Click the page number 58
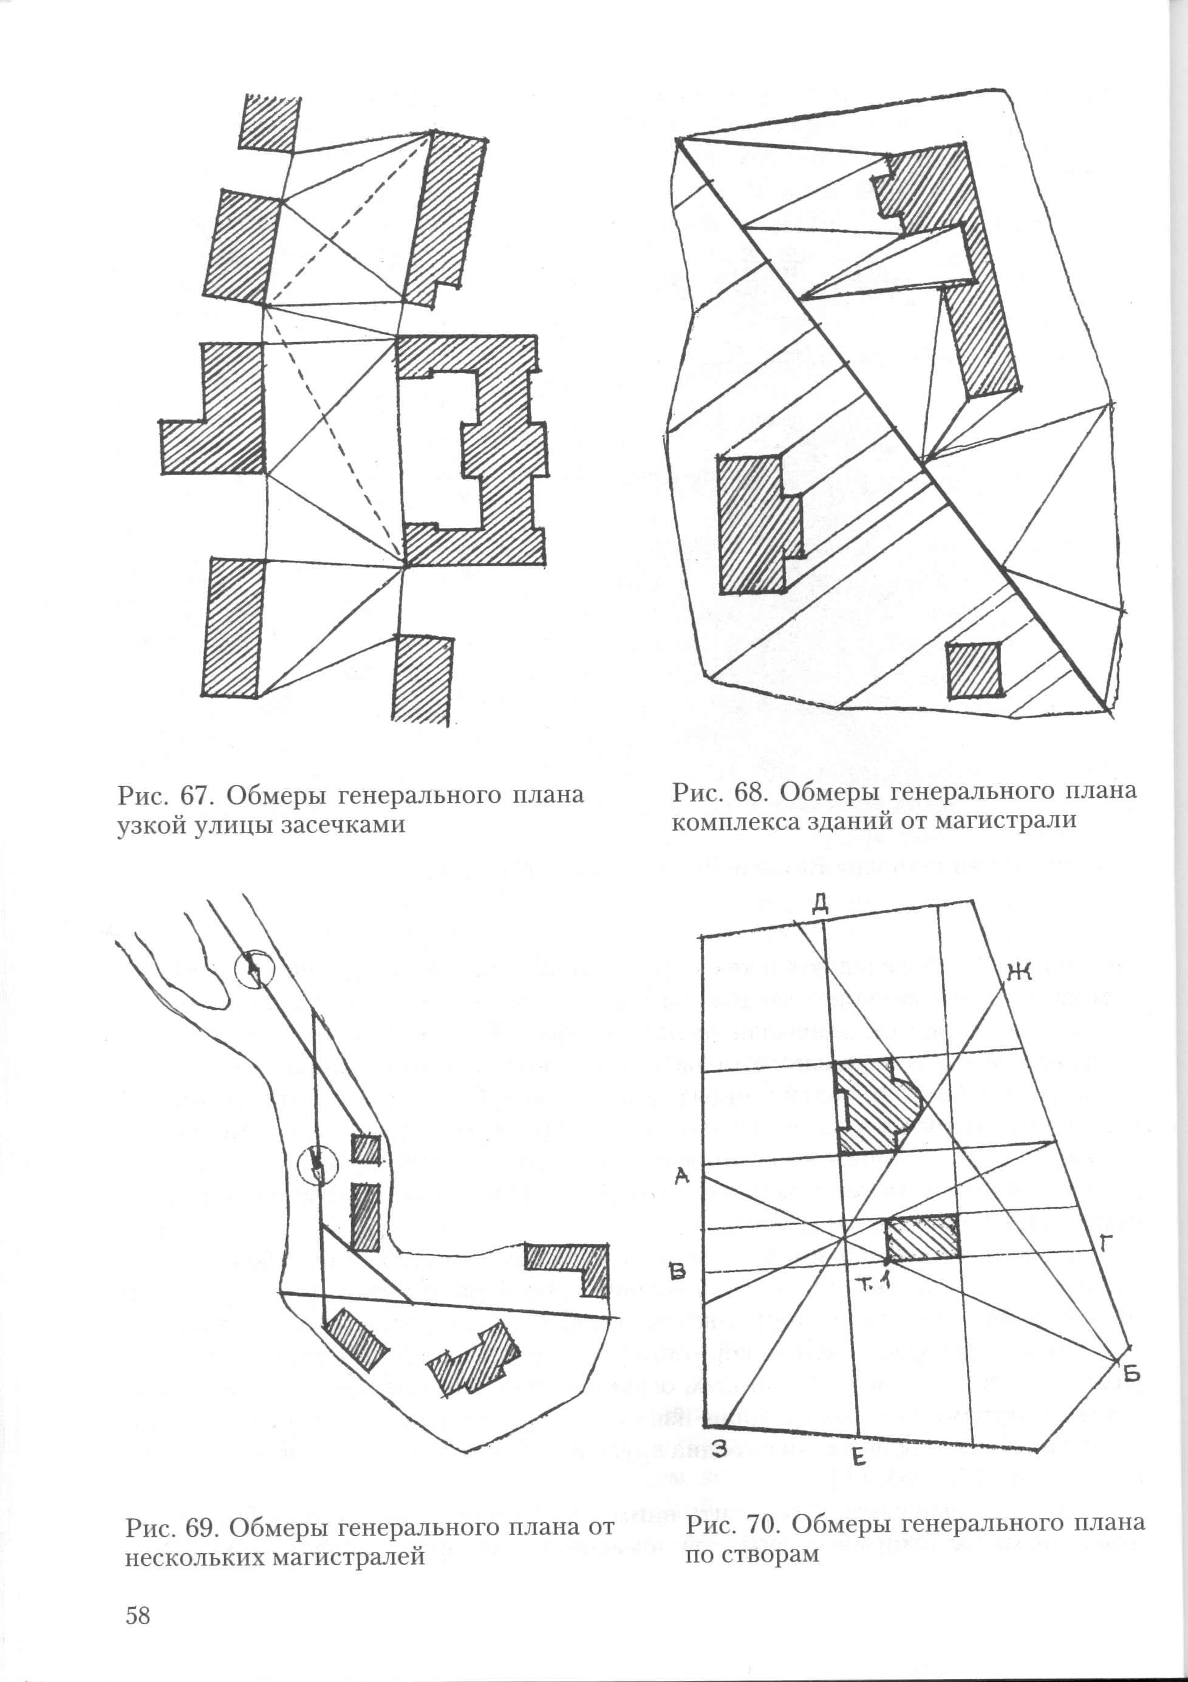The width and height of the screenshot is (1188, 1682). tap(138, 1615)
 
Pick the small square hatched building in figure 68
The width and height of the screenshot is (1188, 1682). tap(974, 670)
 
